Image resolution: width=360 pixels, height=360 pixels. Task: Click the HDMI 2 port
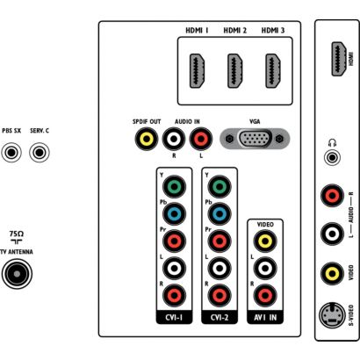(x=235, y=71)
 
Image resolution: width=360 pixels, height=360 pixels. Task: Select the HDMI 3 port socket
(x=273, y=71)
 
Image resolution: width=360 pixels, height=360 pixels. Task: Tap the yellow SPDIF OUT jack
(x=147, y=139)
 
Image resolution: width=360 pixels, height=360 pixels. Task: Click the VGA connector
(x=255, y=138)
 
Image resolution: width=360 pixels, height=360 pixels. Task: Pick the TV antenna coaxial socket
(x=17, y=274)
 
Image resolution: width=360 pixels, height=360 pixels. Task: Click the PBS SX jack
(x=11, y=153)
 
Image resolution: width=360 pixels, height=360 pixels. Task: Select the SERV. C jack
(x=40, y=153)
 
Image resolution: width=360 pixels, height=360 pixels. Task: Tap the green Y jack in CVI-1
(x=174, y=186)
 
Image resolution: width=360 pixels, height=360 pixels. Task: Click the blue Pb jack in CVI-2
(x=220, y=213)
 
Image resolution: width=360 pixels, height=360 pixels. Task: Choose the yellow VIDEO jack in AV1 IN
(x=265, y=241)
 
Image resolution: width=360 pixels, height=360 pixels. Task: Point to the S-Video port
(x=332, y=316)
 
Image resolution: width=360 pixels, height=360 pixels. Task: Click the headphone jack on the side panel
(x=332, y=158)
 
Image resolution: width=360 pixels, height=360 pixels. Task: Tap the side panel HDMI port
(x=339, y=59)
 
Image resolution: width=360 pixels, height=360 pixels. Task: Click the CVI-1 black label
(x=174, y=318)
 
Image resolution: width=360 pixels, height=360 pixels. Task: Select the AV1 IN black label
(x=265, y=318)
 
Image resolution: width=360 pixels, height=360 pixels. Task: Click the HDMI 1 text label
(x=197, y=31)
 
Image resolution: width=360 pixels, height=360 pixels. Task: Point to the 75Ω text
(x=17, y=234)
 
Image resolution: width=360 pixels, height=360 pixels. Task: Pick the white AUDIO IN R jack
(x=174, y=139)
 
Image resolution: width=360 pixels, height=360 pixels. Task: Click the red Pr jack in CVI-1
(x=174, y=241)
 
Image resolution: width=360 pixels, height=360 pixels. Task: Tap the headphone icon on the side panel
(x=332, y=143)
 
